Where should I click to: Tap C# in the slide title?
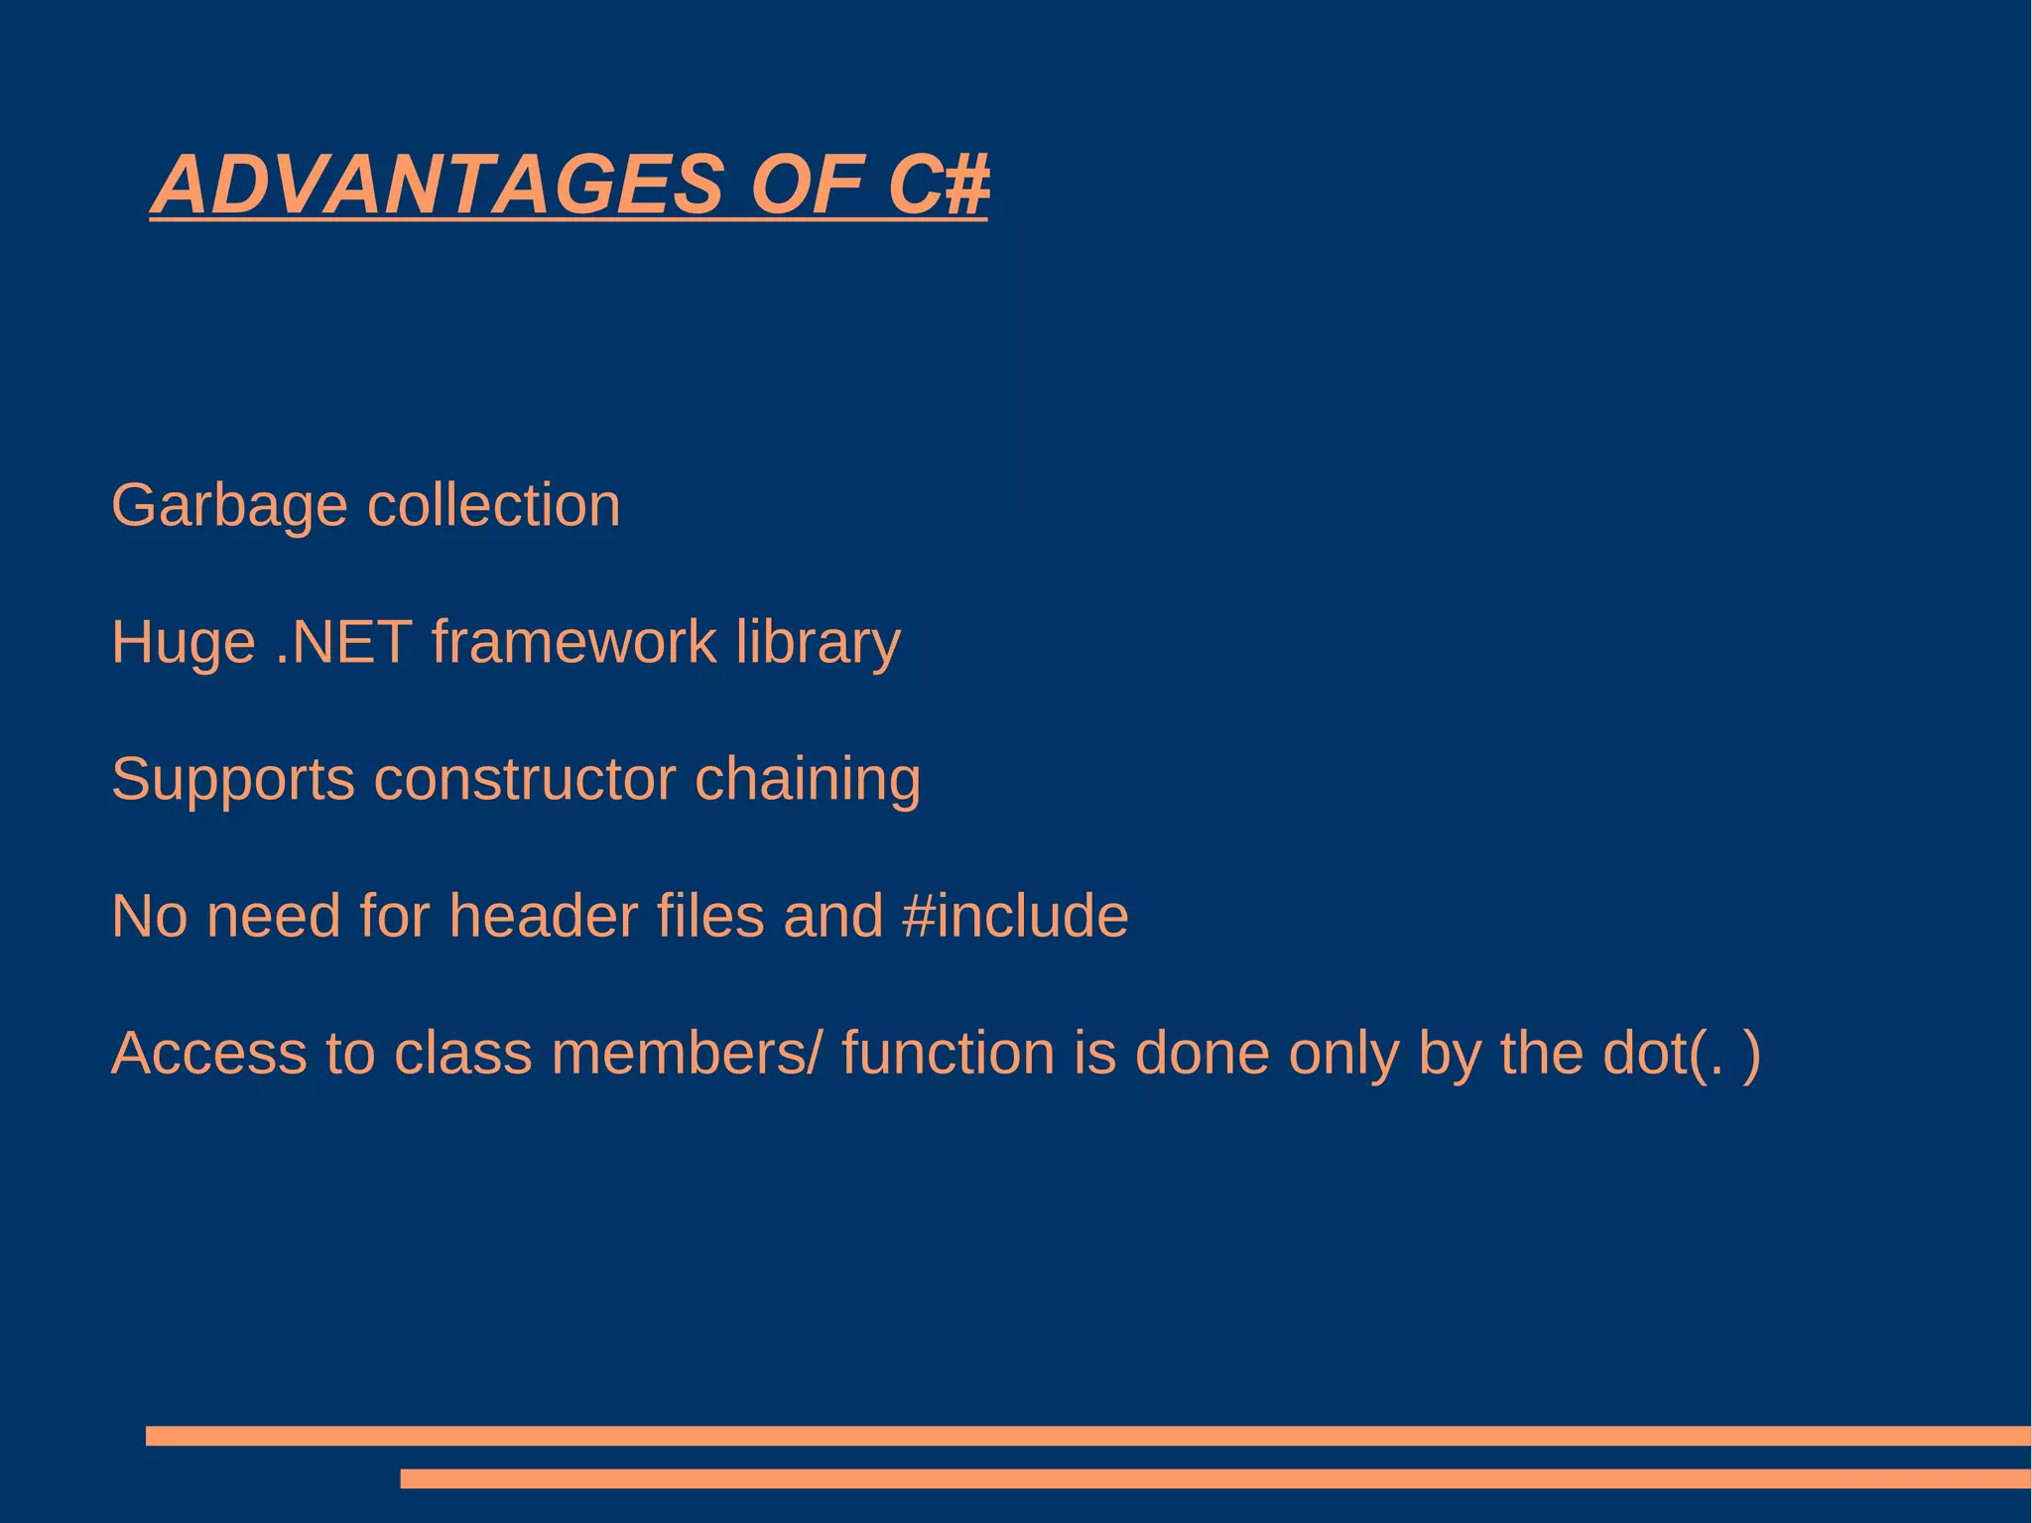[x=938, y=185]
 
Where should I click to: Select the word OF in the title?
[x=806, y=185]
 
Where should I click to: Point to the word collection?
[x=493, y=505]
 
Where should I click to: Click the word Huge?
[x=184, y=644]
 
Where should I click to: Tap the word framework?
[x=573, y=642]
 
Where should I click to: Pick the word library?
[x=818, y=644]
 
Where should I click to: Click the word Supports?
[x=232, y=781]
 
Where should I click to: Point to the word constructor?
[x=524, y=779]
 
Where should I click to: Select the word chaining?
[x=807, y=781]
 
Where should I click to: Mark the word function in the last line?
[x=948, y=1053]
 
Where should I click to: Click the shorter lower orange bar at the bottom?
[x=1214, y=1478]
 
